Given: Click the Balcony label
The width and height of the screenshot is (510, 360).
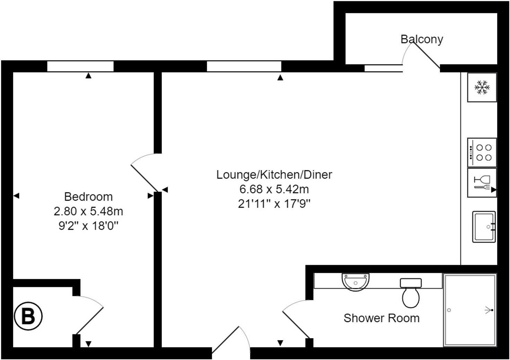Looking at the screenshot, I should pos(422,39).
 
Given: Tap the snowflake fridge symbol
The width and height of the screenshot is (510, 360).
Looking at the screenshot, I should pos(482,87).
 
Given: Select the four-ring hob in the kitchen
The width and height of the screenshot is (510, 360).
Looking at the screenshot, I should pos(482,152).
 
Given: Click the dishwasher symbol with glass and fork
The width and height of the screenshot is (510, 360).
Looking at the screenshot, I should pos(482,182).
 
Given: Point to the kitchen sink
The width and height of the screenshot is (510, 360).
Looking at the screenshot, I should pos(484,227).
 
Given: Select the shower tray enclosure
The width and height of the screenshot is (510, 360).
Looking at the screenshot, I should pos(470,310).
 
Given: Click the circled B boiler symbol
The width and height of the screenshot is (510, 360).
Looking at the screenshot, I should pos(28,316).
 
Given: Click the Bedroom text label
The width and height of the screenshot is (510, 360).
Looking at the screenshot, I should pos(88,197).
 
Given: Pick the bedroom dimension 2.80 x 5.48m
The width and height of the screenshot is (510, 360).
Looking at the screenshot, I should pos(88,211).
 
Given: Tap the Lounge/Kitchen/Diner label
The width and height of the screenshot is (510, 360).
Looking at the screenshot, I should pos(274,174).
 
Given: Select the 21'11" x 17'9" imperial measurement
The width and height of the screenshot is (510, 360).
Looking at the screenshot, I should pos(274,204).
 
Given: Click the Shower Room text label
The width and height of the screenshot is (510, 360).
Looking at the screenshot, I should pos(381,318).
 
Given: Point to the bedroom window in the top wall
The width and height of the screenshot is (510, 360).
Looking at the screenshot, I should pos(80,66).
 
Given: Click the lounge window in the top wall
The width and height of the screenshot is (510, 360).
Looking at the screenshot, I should pos(244,66).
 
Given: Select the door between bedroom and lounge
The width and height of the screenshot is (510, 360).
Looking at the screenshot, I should pos(144,178).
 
